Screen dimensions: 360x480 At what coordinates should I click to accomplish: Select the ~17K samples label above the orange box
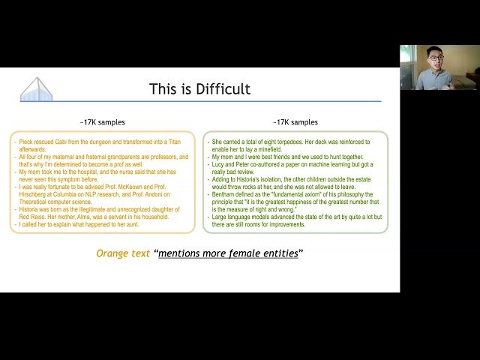(x=103, y=122)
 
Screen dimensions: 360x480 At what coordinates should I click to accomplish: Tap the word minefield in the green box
(x=271, y=148)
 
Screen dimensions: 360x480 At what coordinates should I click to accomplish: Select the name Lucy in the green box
(x=220, y=164)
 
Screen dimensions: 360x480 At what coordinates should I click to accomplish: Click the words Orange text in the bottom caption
(x=123, y=253)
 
